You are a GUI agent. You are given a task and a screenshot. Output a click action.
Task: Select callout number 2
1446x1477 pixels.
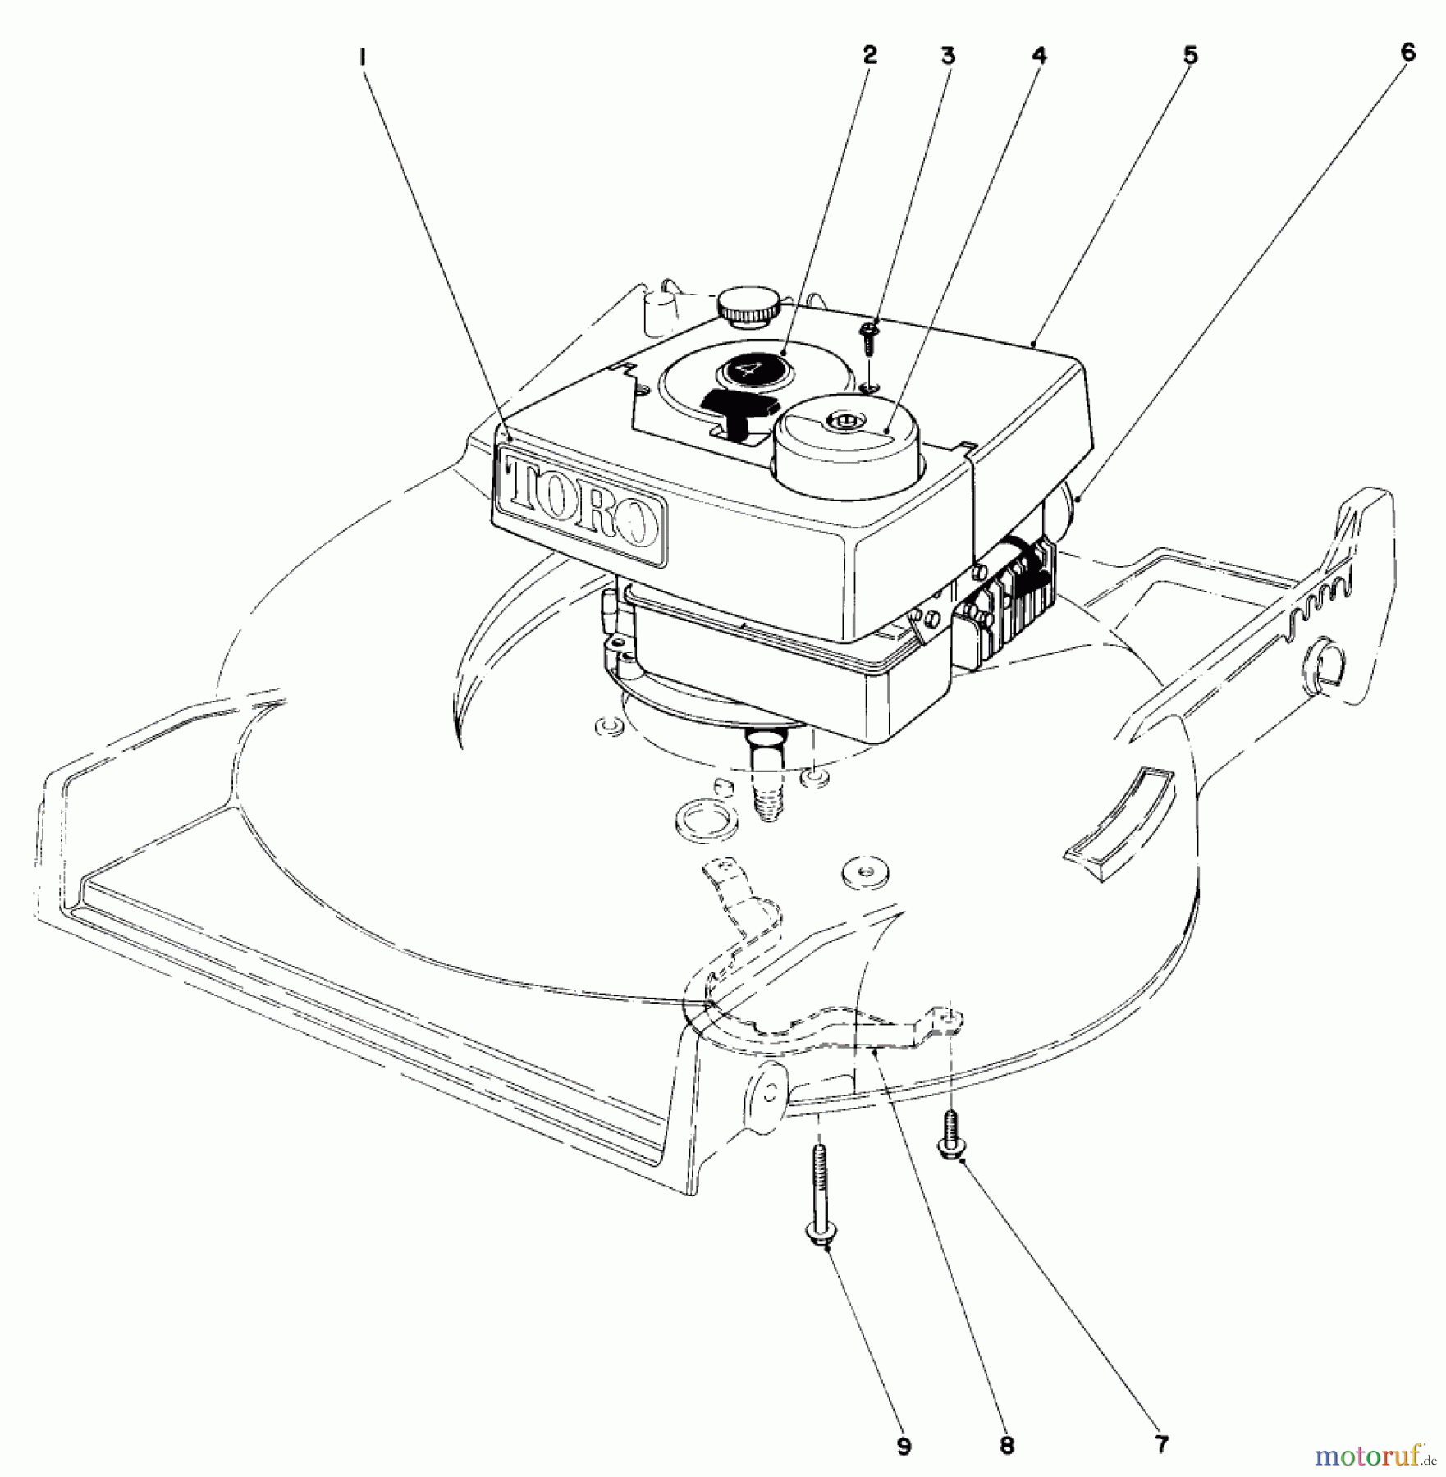click(x=869, y=55)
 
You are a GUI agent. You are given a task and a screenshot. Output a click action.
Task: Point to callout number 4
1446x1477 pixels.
click(x=1038, y=56)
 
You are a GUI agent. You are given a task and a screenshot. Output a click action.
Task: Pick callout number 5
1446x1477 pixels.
click(x=1191, y=56)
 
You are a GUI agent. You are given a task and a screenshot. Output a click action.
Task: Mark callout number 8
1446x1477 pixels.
click(x=1007, y=1444)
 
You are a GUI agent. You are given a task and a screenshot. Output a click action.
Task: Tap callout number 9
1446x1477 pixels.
click(x=904, y=1444)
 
